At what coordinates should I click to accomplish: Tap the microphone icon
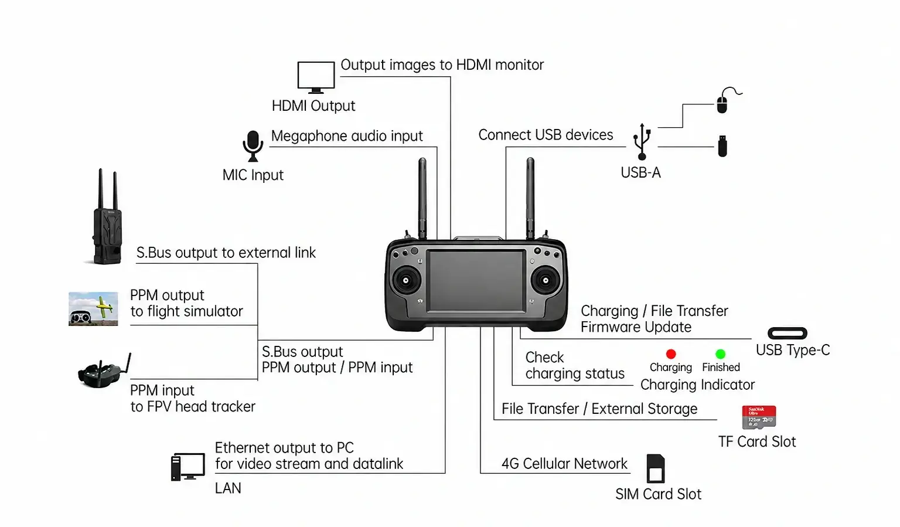point(253,146)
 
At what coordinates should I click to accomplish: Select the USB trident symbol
point(642,141)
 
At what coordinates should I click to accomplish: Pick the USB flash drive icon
point(722,146)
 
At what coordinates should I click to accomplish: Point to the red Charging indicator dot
point(670,353)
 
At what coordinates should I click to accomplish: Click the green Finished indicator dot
point(720,353)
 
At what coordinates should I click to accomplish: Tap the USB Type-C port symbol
point(787,333)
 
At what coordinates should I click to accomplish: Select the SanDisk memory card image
point(759,417)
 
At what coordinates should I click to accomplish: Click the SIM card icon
point(655,468)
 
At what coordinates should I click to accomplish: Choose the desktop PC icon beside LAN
point(187,467)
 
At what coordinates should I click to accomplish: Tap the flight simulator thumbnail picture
point(93,309)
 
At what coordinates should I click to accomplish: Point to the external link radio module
point(107,216)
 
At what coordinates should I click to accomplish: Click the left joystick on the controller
point(406,280)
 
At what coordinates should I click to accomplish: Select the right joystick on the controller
point(546,280)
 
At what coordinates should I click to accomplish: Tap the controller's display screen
point(476,281)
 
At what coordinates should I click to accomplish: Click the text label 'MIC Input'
point(253,175)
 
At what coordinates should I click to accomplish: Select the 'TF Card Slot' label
point(757,442)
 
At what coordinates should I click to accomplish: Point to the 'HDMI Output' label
point(313,106)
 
